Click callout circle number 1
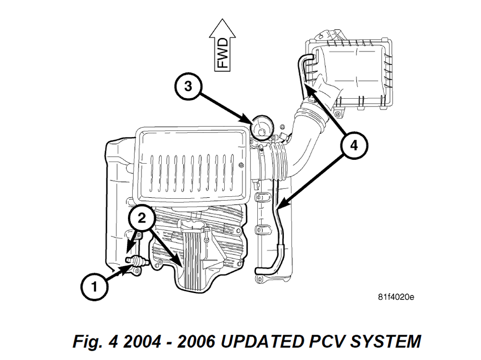tap(94, 287)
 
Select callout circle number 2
tap(141, 218)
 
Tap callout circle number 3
tap(189, 86)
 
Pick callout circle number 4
tap(354, 145)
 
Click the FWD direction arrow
tap(222, 45)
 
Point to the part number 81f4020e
tap(395, 297)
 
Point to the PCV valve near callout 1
tap(137, 261)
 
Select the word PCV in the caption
tap(327, 341)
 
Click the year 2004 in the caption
tap(142, 341)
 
